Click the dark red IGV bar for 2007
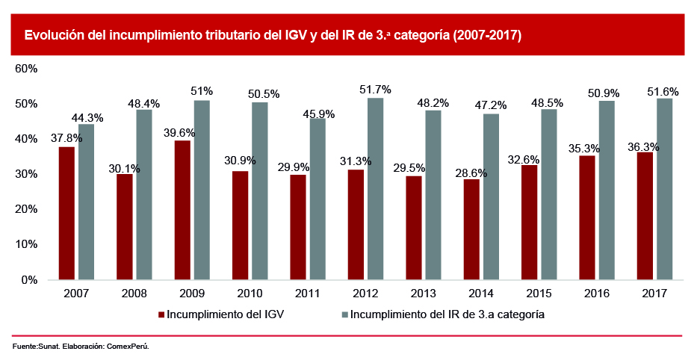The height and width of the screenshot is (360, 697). pyautogui.click(x=67, y=213)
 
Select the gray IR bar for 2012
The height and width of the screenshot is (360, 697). pyautogui.click(x=375, y=189)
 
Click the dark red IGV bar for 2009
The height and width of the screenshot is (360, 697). pyautogui.click(x=183, y=210)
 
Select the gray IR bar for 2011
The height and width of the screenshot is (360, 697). pyautogui.click(x=317, y=199)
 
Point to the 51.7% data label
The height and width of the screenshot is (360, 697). pyautogui.click(x=374, y=90)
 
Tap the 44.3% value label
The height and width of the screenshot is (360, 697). pyautogui.click(x=87, y=117)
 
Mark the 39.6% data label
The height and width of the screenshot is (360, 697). pyautogui.click(x=180, y=133)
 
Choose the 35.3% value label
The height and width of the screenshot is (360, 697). pyautogui.click(x=585, y=148)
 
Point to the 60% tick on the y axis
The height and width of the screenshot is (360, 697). pyautogui.click(x=26, y=69)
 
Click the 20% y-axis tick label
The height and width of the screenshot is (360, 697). pyautogui.click(x=26, y=209)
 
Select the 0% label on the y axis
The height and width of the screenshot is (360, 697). pyautogui.click(x=29, y=280)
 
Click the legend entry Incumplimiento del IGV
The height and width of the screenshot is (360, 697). pyautogui.click(x=225, y=314)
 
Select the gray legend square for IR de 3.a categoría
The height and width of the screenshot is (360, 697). pyautogui.click(x=344, y=314)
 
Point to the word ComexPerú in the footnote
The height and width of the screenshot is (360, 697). pyautogui.click(x=128, y=347)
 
